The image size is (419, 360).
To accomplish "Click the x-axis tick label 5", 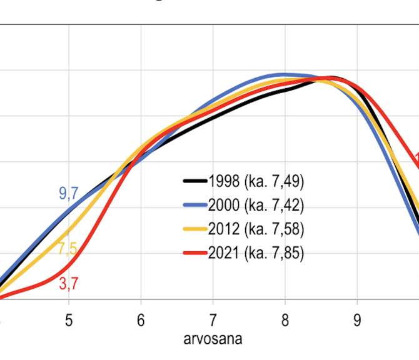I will pos(69,320).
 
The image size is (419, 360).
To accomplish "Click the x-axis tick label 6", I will pos(141,320).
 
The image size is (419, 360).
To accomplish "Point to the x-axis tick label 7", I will pos(213,320).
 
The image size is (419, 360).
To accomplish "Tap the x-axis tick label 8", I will pos(285,320).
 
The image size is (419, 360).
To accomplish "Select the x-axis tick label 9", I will pos(357,320).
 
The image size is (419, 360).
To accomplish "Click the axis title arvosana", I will pos(213,339).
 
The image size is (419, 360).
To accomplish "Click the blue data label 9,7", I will pos(68,193).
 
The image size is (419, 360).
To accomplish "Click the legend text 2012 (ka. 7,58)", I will pos(257,229).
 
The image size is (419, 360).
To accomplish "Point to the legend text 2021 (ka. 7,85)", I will pos(257,252).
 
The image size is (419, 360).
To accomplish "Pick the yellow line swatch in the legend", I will pos(194,229).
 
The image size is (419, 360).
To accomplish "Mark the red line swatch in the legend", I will pos(194,252).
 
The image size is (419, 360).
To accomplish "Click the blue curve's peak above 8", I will pos(285,75).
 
